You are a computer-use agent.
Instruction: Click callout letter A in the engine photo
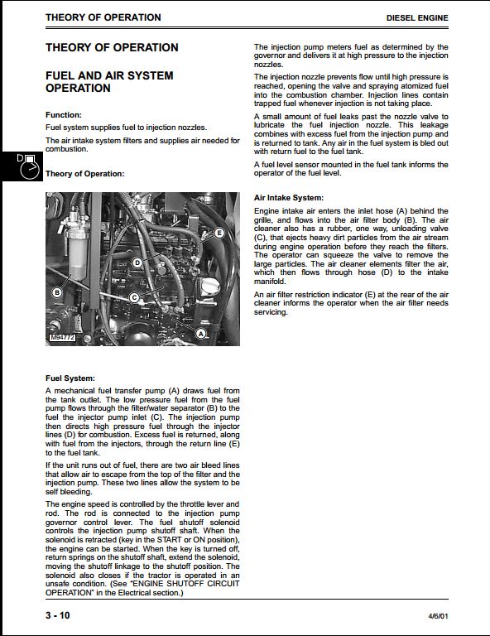[x=200, y=334]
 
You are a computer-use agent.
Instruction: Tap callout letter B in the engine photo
[x=57, y=292]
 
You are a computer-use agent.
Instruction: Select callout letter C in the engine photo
[x=134, y=298]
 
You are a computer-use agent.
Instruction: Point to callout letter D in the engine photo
[x=137, y=263]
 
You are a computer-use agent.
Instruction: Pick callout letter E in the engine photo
[x=219, y=233]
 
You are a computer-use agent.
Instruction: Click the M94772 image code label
[x=62, y=338]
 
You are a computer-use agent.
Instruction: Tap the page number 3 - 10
[x=58, y=615]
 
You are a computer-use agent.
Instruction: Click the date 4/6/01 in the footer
[x=438, y=616]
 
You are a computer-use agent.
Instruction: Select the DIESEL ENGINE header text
[x=417, y=18]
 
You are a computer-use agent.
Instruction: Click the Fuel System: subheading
[x=70, y=378]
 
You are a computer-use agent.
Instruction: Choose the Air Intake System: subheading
[x=289, y=198]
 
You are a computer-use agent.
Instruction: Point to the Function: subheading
[x=64, y=115]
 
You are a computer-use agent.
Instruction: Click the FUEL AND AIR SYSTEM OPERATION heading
[x=109, y=81]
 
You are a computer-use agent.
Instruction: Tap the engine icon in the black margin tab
[x=29, y=166]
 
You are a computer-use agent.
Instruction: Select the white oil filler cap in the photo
[x=211, y=287]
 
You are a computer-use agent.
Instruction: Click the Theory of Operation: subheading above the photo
[x=84, y=174]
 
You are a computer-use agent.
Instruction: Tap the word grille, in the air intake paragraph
[x=264, y=220]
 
